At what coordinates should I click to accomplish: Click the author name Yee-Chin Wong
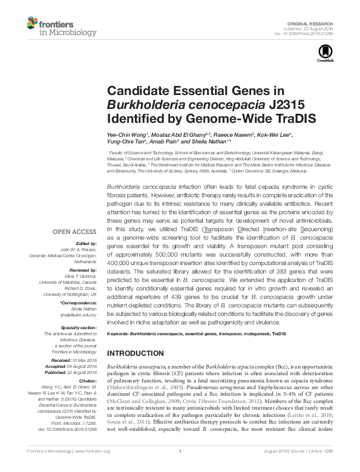tap(125, 133)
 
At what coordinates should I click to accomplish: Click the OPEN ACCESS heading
tap(74, 231)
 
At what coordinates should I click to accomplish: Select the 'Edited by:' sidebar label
tap(85, 244)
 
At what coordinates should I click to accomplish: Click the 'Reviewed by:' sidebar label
tap(83, 270)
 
